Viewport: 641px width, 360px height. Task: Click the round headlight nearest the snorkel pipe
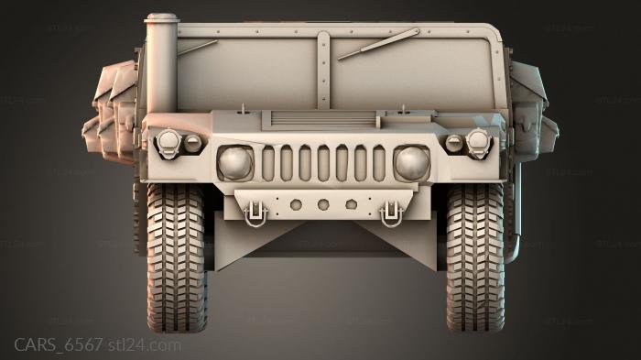(234, 162)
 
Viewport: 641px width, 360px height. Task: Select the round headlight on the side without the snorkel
(411, 162)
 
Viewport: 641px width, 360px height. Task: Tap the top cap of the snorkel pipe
(162, 17)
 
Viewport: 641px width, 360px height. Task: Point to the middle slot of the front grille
(322, 163)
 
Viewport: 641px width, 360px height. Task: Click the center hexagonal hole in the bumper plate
(322, 204)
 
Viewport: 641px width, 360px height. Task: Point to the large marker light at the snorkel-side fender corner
(169, 141)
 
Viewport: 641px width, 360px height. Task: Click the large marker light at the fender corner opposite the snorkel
(477, 141)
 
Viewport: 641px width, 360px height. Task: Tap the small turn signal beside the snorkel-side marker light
(192, 143)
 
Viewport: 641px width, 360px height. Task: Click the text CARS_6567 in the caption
(58, 344)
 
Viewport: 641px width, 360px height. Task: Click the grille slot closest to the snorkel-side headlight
(268, 163)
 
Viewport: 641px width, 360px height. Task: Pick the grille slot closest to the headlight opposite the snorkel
(378, 163)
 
